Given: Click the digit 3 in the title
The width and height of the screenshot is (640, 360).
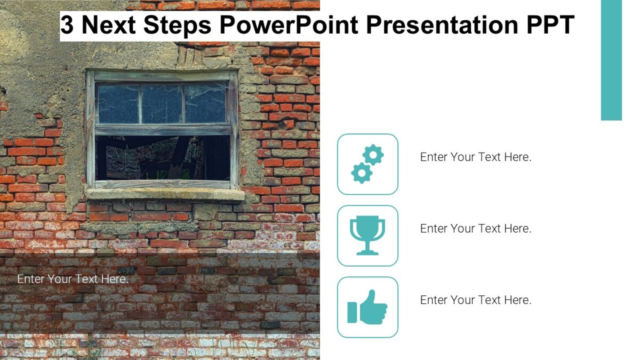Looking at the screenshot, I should (67, 26).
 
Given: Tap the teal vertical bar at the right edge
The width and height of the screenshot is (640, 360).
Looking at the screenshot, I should (611, 60).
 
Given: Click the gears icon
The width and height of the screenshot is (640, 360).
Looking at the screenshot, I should (367, 164).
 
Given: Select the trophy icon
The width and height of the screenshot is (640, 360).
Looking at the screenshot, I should (367, 236).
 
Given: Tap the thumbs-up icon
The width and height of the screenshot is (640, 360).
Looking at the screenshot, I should (367, 307).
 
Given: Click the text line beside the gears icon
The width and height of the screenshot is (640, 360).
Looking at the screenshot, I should (476, 157).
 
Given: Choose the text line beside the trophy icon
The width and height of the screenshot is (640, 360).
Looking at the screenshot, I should (476, 229).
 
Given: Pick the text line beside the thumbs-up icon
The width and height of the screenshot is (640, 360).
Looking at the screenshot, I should (476, 300).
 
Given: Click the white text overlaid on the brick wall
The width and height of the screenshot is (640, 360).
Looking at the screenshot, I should (73, 279).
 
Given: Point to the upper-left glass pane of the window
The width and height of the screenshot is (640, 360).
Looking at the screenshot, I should (118, 104).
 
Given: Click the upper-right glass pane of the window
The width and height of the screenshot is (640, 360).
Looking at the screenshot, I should (206, 104).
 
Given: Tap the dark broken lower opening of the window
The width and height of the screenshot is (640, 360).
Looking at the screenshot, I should (163, 158).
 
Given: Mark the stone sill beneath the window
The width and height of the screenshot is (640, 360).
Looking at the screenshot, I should (165, 195).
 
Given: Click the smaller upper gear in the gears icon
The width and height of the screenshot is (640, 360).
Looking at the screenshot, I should (373, 155).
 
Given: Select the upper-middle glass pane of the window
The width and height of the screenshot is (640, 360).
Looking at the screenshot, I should (162, 104).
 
